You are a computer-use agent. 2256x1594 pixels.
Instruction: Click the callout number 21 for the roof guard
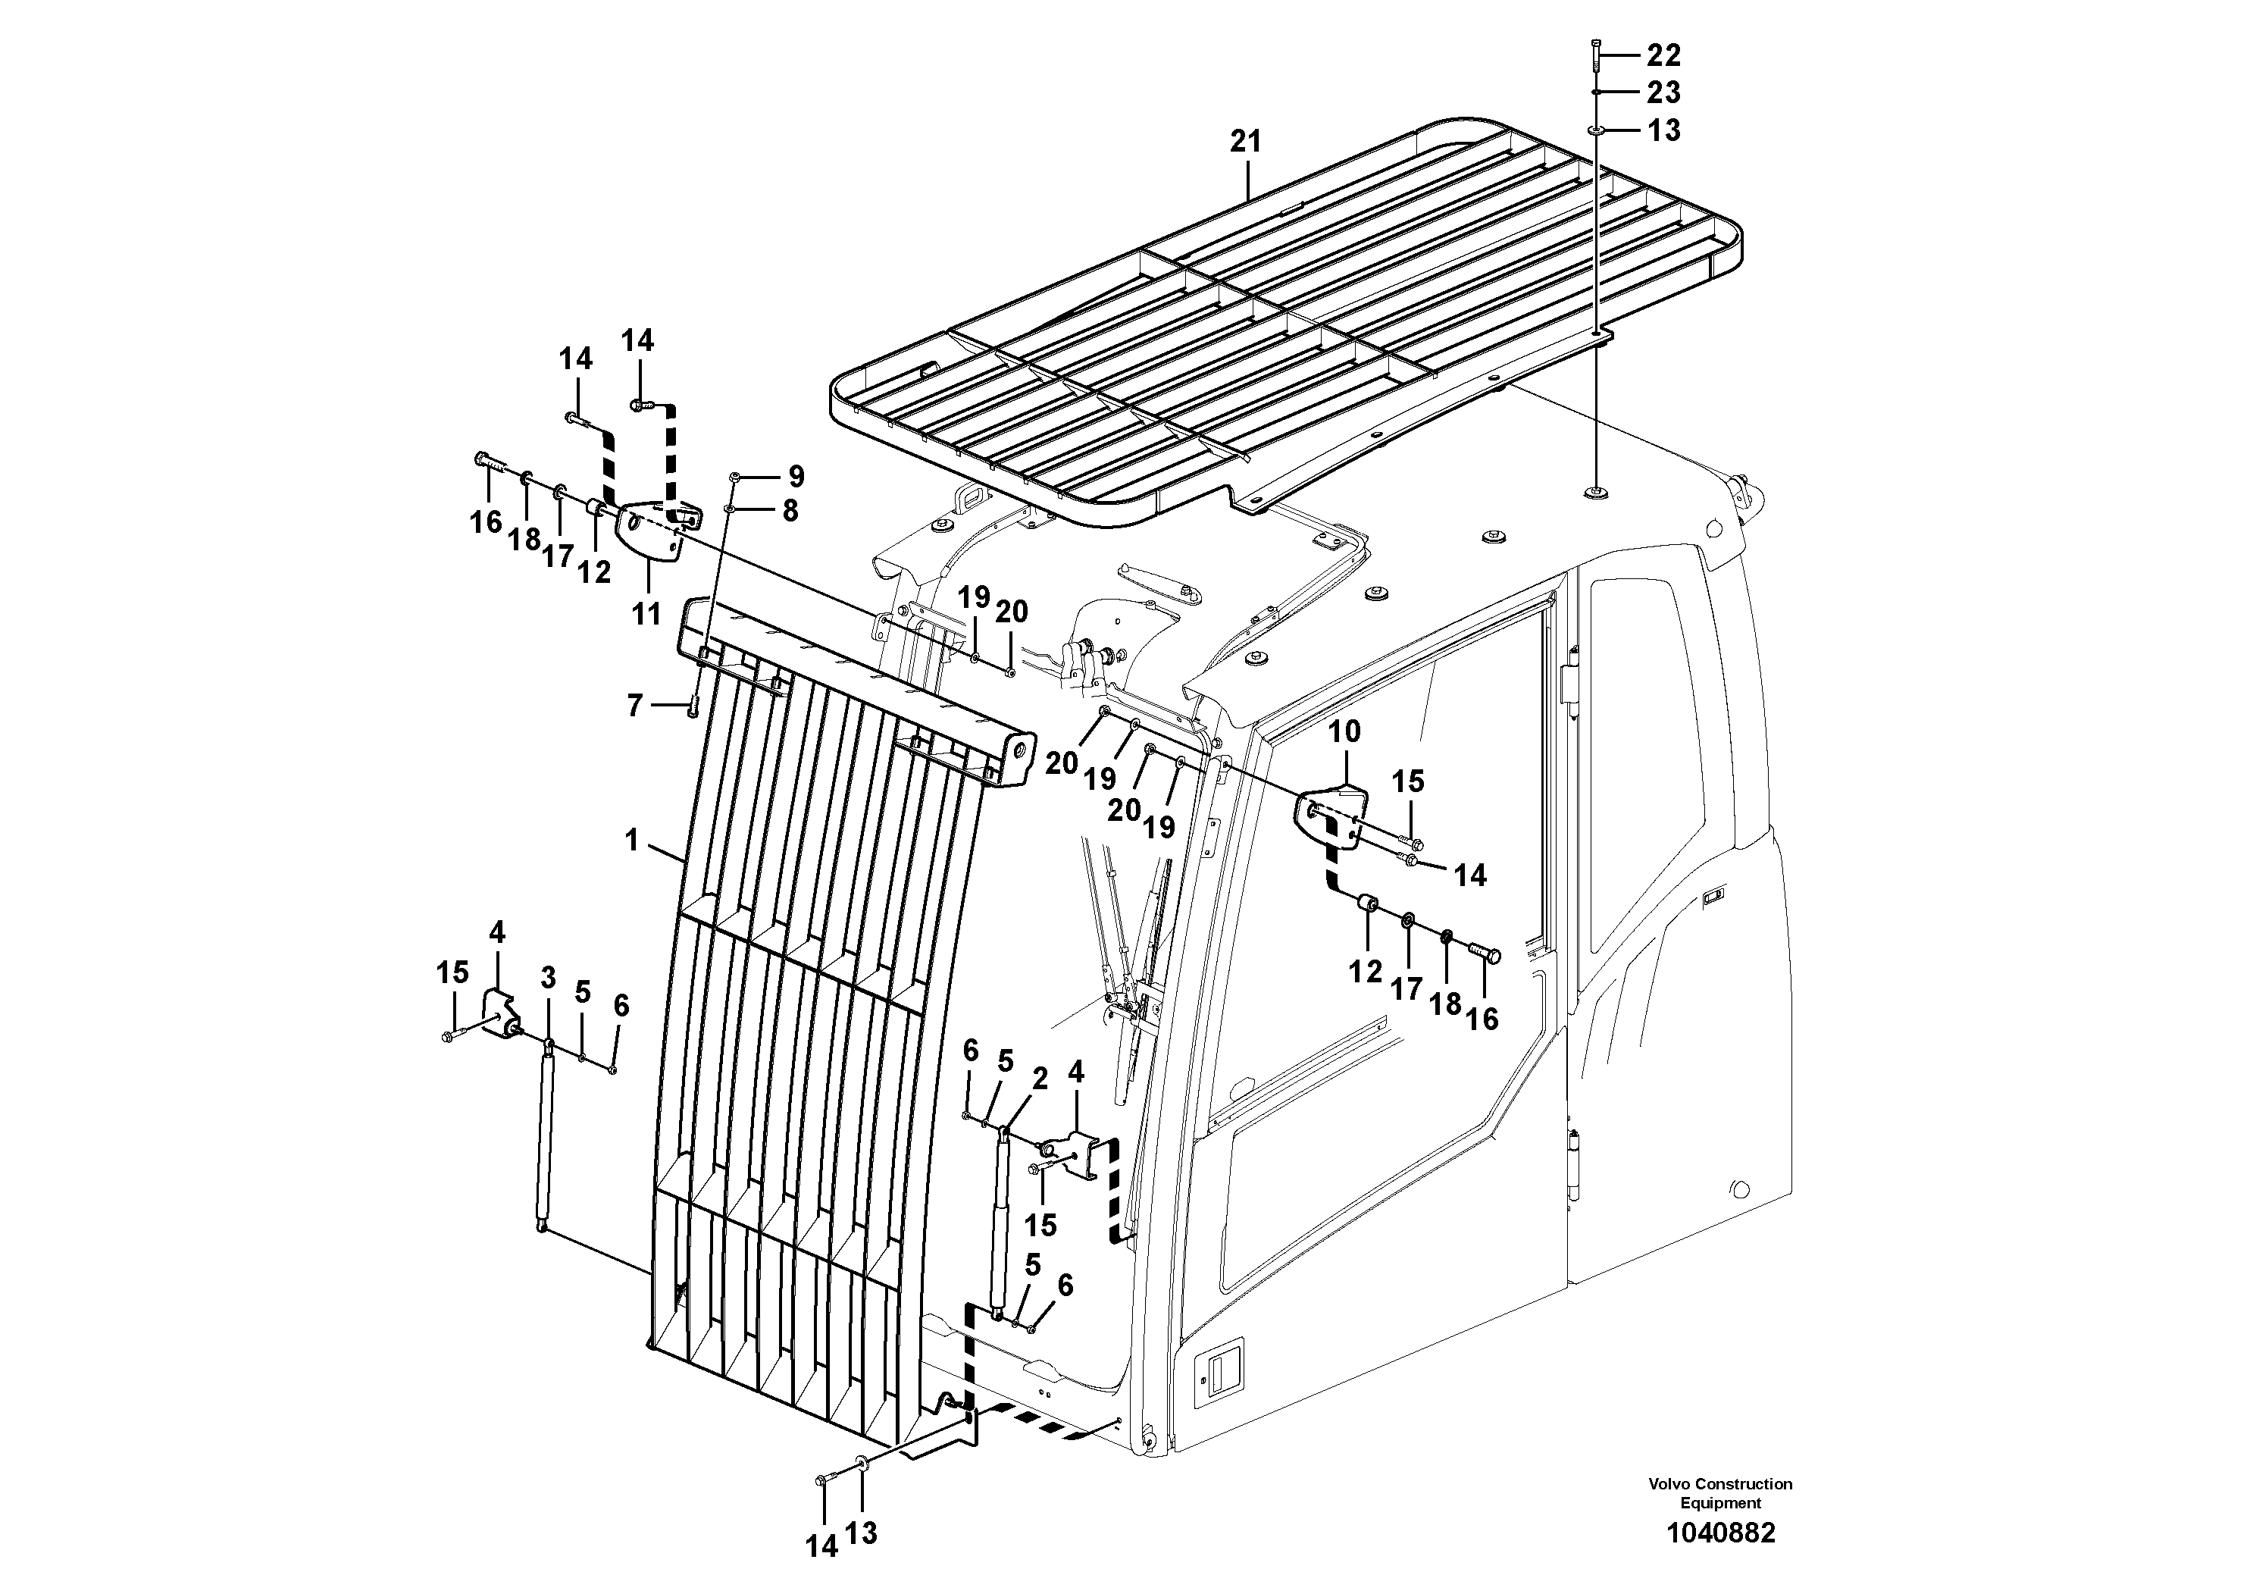(1245, 142)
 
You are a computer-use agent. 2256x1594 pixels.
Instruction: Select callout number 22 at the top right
(1663, 55)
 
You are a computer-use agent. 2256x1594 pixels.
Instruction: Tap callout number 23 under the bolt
(1663, 92)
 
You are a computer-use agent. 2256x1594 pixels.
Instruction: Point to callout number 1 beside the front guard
(632, 841)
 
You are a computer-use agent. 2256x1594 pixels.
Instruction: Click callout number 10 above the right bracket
(1345, 731)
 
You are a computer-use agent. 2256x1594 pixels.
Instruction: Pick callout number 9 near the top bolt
(796, 477)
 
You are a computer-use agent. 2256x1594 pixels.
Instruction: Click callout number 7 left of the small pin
(635, 706)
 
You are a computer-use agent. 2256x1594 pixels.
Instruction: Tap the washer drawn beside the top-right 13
(1596, 130)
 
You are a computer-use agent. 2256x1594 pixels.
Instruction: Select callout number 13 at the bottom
(861, 1533)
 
